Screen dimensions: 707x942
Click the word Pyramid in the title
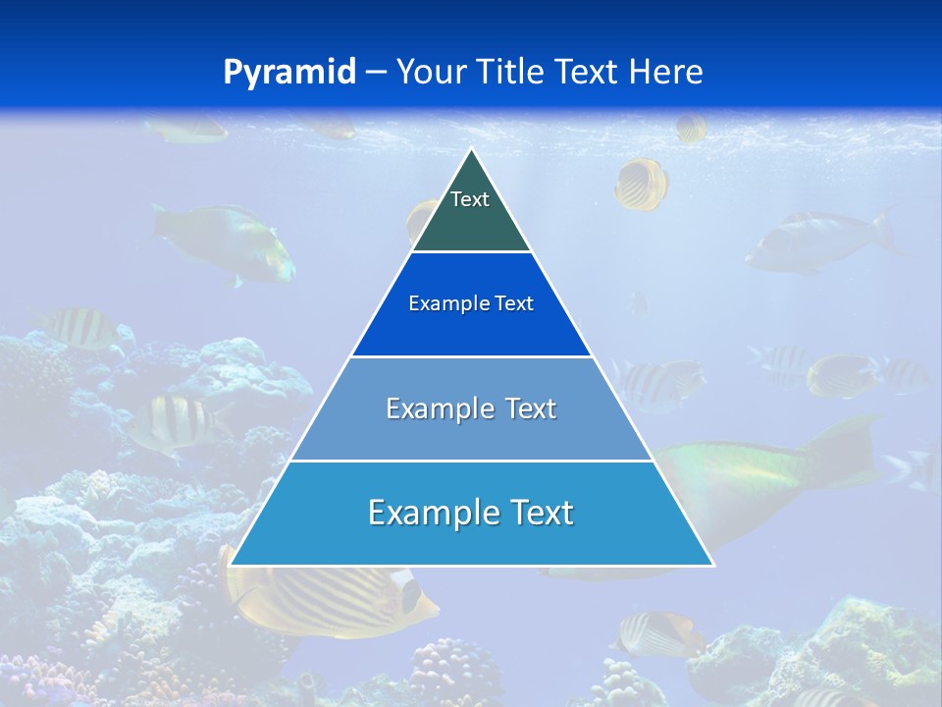coord(289,73)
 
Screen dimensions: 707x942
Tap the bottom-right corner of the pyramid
coord(712,565)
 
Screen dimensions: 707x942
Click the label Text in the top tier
coord(470,199)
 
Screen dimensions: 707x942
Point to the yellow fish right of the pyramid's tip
coord(642,184)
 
